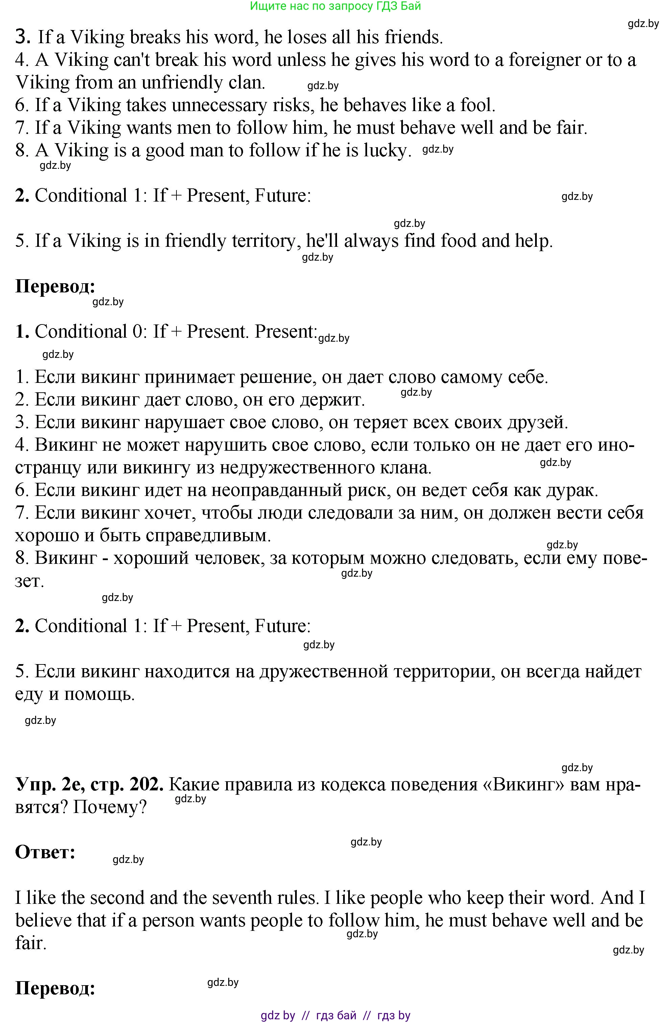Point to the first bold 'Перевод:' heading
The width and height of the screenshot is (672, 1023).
tap(55, 286)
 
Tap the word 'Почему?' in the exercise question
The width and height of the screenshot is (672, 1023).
tap(110, 807)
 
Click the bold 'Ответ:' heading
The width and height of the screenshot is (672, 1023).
tap(45, 852)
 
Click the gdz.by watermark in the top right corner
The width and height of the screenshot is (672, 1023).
tap(643, 24)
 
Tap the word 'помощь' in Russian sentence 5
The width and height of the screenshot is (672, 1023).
tap(99, 694)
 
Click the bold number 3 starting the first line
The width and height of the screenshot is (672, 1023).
tap(22, 37)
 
